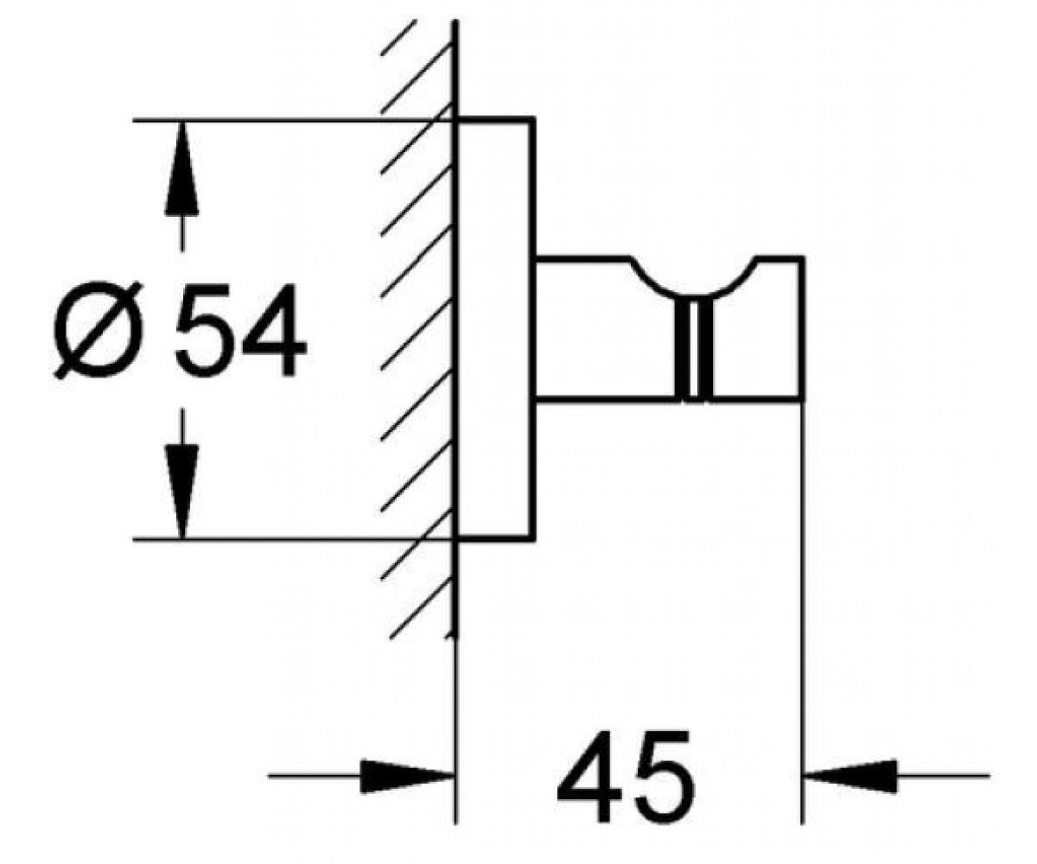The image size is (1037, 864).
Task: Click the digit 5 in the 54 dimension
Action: tap(204, 331)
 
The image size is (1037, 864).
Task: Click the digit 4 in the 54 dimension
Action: tap(273, 331)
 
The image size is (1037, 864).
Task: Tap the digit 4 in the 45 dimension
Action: tap(588, 776)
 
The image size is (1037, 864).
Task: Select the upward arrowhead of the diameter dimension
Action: tap(181, 168)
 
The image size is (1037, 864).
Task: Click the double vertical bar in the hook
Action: tap(694, 348)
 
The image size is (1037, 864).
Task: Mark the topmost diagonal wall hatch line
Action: tap(398, 37)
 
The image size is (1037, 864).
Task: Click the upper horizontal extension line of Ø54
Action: tap(293, 121)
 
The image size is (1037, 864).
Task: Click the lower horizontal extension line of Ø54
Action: tap(293, 538)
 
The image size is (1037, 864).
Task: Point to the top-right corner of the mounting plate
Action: tap(534, 118)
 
